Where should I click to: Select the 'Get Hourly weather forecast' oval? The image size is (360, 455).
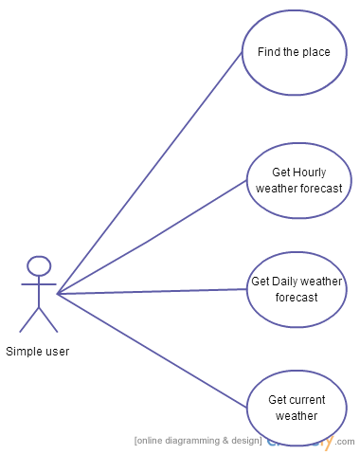click(298, 179)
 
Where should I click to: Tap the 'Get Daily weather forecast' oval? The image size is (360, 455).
click(297, 289)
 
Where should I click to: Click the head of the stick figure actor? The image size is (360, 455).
click(39, 265)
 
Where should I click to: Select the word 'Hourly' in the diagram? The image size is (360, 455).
click(308, 172)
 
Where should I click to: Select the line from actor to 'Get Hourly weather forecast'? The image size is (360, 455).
click(152, 237)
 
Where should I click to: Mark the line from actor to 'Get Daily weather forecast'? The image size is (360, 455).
click(152, 292)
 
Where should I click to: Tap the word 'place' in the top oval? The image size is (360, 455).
click(315, 52)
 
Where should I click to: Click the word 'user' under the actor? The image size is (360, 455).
click(54, 352)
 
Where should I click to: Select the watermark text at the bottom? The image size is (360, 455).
click(242, 441)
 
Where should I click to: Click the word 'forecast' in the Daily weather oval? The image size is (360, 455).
click(297, 298)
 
